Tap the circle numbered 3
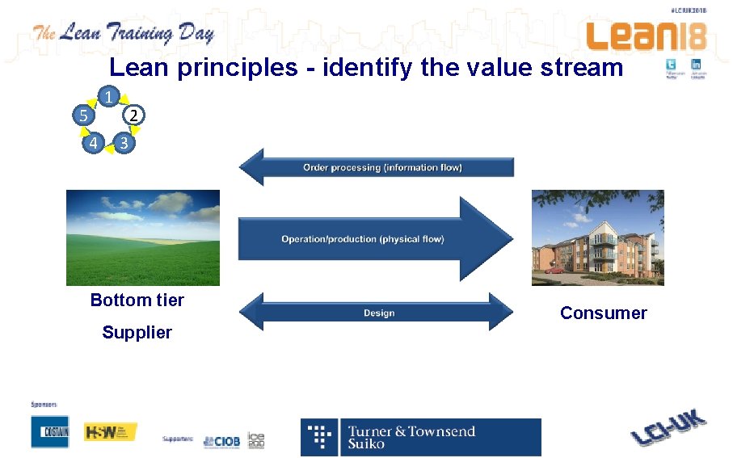coord(122,144)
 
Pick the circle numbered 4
coord(94,144)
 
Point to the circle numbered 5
coord(82,116)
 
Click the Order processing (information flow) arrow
coord(377,167)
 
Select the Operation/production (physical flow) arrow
coord(375,238)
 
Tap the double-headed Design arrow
coord(378,313)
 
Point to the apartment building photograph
coord(597,237)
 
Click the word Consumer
coord(603,313)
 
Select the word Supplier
coord(137,333)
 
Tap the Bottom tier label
coord(137,300)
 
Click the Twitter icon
coord(672,65)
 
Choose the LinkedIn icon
coord(696,65)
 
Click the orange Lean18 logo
coord(646,36)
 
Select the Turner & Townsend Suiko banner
coord(420,437)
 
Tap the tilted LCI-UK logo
coord(668,428)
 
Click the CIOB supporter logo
coord(221,440)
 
